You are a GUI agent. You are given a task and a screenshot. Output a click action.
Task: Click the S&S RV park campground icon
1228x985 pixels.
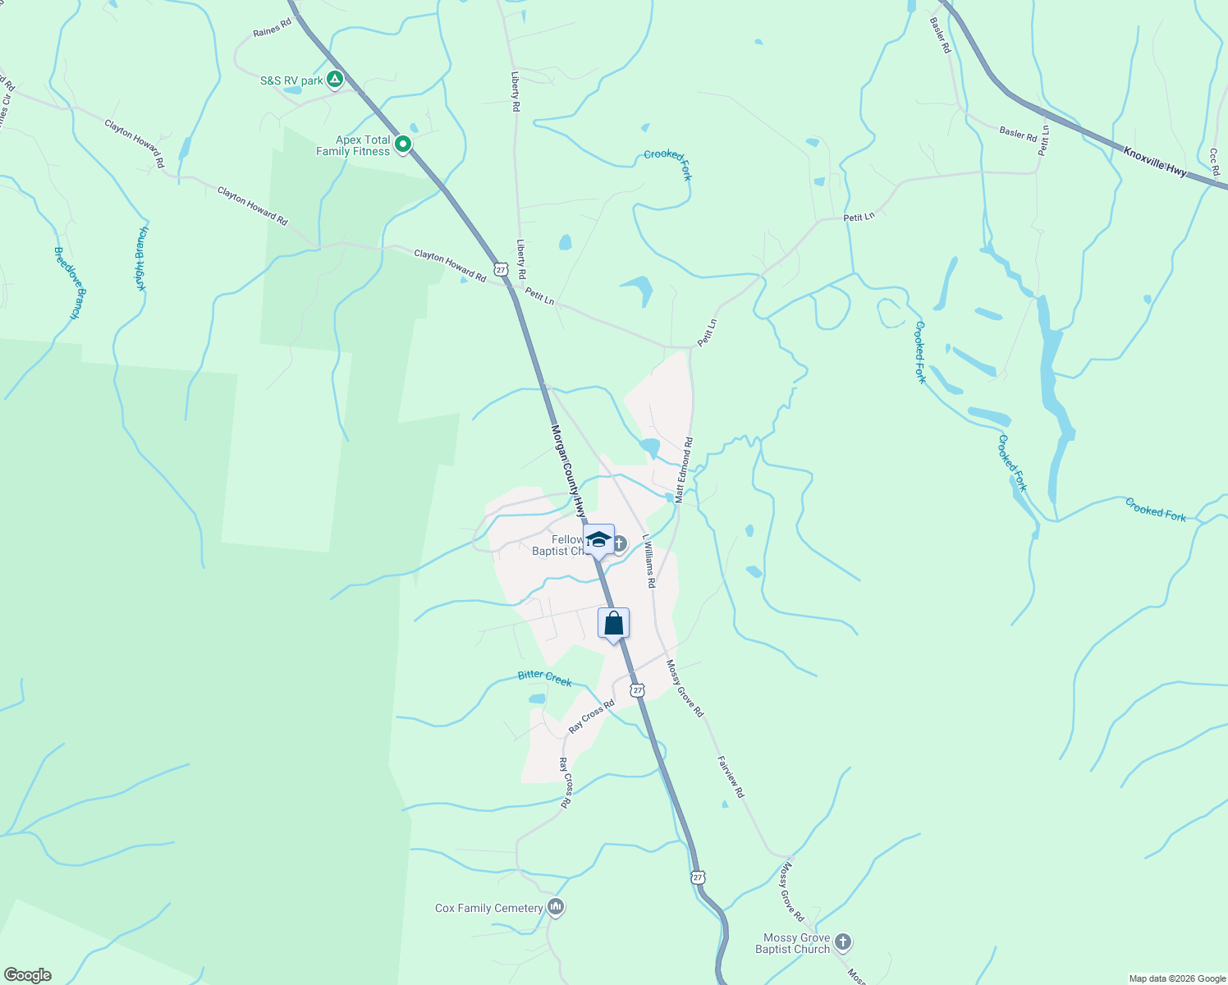click(x=334, y=80)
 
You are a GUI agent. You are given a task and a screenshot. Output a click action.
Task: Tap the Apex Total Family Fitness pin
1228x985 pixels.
click(x=403, y=145)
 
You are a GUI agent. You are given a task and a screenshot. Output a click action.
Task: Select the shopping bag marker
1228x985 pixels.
click(x=613, y=624)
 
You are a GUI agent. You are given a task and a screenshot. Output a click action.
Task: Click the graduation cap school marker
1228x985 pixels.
click(x=599, y=540)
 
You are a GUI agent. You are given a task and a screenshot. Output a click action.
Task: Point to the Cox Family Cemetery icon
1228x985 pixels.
click(x=556, y=908)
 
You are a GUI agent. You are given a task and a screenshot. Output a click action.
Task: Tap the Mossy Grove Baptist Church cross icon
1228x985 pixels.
click(x=843, y=942)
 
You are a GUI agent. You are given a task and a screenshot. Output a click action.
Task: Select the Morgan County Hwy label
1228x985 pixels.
click(x=567, y=468)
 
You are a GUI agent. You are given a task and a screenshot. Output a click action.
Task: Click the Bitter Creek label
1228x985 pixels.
click(x=544, y=677)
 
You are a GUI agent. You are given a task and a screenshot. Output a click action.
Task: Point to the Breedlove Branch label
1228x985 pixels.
click(x=67, y=282)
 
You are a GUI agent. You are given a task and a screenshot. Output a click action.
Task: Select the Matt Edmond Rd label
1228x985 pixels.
click(x=683, y=470)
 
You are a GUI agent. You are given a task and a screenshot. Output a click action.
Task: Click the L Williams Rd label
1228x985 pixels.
click(x=648, y=561)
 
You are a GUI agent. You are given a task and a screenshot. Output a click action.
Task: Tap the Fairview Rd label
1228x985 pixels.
click(x=730, y=777)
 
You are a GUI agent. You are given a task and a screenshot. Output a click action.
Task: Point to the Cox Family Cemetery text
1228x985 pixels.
click(x=488, y=908)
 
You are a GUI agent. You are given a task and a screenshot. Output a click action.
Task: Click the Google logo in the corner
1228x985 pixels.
click(x=27, y=975)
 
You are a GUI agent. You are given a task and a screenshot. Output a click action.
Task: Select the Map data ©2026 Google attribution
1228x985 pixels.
click(x=1176, y=978)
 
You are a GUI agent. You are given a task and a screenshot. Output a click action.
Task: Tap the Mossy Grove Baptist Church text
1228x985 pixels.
click(x=792, y=943)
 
